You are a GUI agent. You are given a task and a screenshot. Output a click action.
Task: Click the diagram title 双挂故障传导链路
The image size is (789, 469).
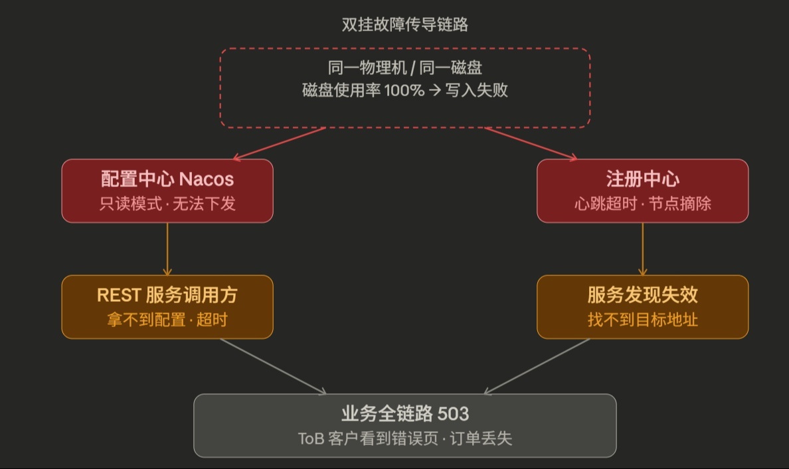point(404,25)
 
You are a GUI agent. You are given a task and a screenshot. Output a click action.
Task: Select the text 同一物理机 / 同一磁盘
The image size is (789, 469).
point(404,68)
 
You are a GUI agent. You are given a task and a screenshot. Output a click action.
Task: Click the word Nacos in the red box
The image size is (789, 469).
point(207,179)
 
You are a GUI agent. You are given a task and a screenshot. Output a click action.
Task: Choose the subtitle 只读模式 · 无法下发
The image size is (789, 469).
point(167,204)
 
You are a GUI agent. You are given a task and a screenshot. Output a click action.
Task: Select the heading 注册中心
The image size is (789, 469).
point(642,179)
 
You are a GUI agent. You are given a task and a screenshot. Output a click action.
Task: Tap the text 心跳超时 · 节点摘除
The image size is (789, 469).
point(642,204)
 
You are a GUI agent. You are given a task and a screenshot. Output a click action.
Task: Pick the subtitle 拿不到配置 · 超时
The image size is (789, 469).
point(167,320)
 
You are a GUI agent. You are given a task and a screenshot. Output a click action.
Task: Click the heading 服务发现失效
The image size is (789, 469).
point(642,295)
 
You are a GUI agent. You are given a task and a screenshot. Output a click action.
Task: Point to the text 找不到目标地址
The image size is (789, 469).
point(642,320)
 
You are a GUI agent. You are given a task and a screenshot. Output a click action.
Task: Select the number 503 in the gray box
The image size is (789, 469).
point(454,414)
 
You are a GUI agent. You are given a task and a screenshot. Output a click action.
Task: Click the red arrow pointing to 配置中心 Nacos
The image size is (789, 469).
point(279,143)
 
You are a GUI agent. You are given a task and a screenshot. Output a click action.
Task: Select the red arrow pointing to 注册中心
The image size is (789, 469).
point(531,143)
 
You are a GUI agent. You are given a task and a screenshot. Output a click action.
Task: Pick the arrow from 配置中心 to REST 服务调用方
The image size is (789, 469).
point(167,249)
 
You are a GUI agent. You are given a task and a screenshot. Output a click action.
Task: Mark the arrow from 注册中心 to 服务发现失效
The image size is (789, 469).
point(642,249)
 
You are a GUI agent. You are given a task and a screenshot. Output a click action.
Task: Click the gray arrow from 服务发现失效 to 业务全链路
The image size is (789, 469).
point(537,366)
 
